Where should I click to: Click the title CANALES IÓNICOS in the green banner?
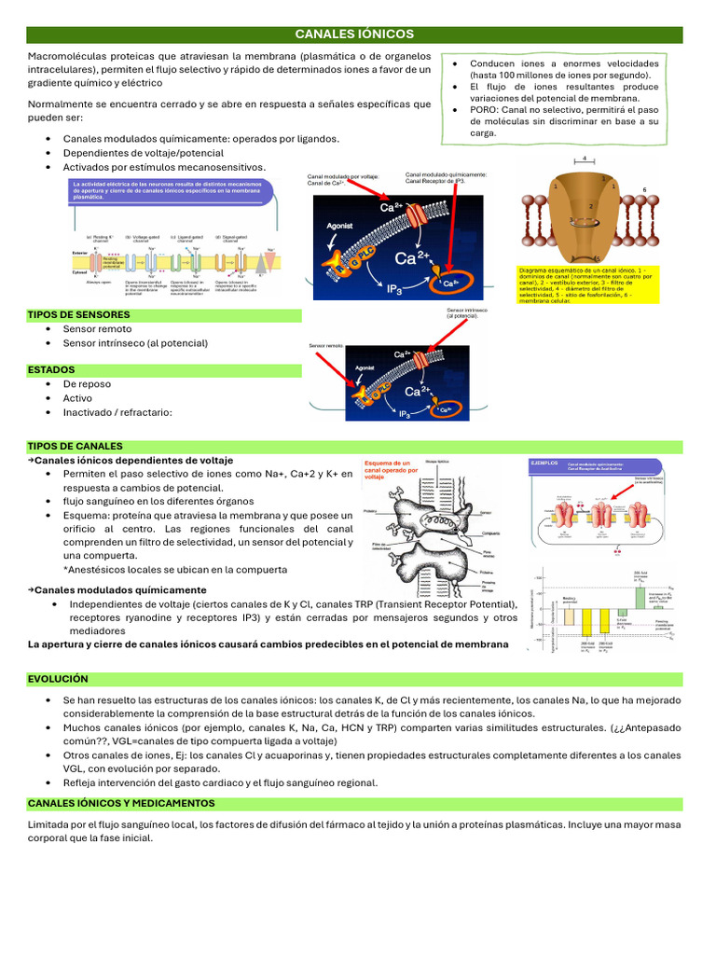354,35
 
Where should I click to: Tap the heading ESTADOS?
51,370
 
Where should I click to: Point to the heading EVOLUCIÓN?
58,679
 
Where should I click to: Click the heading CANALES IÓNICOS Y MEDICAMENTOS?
121,803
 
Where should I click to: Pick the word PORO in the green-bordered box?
486,110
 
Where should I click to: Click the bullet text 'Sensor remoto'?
97,329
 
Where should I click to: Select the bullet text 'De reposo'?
87,384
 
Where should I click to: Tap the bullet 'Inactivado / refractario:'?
117,412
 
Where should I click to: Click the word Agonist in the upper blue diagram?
340,226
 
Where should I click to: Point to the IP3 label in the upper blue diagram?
395,290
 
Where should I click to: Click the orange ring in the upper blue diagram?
451,281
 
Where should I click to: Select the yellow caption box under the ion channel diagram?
587,284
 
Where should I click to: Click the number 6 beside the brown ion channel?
644,189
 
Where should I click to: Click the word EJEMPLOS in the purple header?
544,462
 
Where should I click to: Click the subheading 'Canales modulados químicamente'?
120,590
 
